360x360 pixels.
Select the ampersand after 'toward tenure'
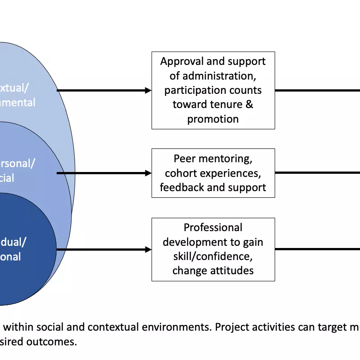(249, 104)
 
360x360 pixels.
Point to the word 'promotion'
(213, 119)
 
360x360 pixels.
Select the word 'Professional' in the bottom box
(213, 228)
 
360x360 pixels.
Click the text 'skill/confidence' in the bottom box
(213, 256)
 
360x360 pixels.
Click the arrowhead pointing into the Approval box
(148, 90)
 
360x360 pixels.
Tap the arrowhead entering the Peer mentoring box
(148, 173)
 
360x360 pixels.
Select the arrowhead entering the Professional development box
(148, 249)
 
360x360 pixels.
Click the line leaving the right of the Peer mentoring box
(316, 173)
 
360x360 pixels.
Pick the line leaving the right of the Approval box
(316, 90)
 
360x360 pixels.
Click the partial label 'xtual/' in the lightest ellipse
(18, 88)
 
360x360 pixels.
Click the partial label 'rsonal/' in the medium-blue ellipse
(18, 163)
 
